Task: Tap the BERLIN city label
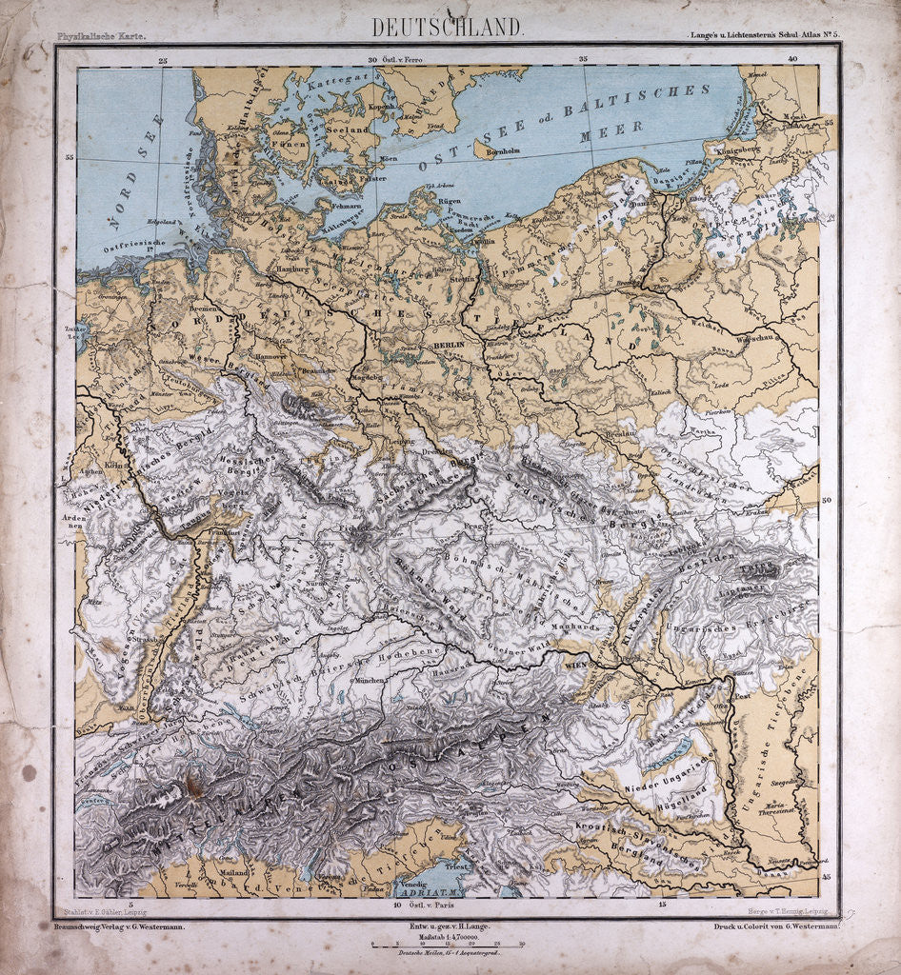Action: [x=447, y=345]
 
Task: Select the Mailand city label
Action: [x=233, y=871]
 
